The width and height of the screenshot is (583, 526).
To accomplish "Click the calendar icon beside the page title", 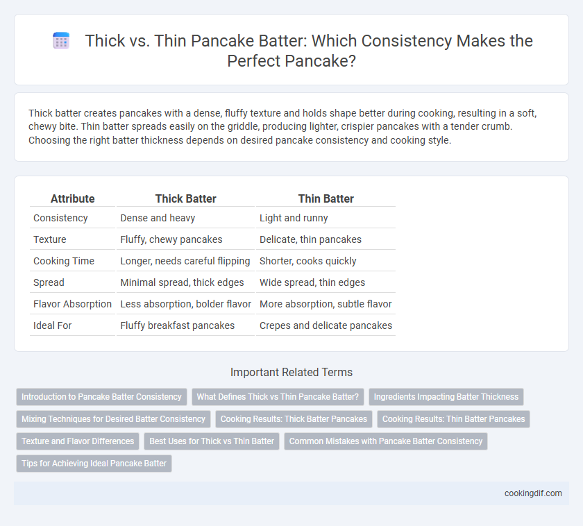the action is tap(61, 40).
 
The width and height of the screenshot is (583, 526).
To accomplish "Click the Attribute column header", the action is tap(72, 198).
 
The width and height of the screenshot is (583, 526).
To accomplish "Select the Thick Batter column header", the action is tap(185, 198).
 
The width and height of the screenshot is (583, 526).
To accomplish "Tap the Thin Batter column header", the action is tap(326, 198).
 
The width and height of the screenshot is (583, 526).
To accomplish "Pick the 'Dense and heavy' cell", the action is tap(158, 218).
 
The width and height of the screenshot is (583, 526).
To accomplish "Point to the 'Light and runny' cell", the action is tap(294, 218).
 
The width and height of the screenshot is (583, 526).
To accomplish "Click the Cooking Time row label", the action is tap(64, 261).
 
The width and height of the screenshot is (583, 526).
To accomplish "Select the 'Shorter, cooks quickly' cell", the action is tap(308, 261).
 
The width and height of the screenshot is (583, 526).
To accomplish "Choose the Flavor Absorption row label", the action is tap(72, 304).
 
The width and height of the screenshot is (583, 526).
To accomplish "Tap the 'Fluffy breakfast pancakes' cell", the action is tap(178, 325).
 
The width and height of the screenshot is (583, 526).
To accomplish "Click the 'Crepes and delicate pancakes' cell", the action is tap(326, 325).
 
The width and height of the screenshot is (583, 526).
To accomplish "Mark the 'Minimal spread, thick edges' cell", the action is tap(182, 282).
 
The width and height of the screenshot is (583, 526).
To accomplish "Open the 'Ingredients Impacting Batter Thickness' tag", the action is tap(446, 397).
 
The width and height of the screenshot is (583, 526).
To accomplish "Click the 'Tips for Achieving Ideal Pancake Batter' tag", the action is tap(94, 463).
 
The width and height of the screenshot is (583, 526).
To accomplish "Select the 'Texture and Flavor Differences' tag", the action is tap(78, 441).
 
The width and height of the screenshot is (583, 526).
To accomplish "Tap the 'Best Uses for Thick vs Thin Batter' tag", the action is tap(212, 441).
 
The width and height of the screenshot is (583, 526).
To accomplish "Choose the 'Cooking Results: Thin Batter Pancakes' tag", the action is tap(454, 419).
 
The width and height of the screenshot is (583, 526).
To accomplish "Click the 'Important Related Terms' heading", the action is tap(291, 372).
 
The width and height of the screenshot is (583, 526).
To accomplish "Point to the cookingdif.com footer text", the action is tap(533, 493).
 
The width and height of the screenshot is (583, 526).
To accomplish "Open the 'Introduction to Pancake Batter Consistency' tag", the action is tap(101, 397).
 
